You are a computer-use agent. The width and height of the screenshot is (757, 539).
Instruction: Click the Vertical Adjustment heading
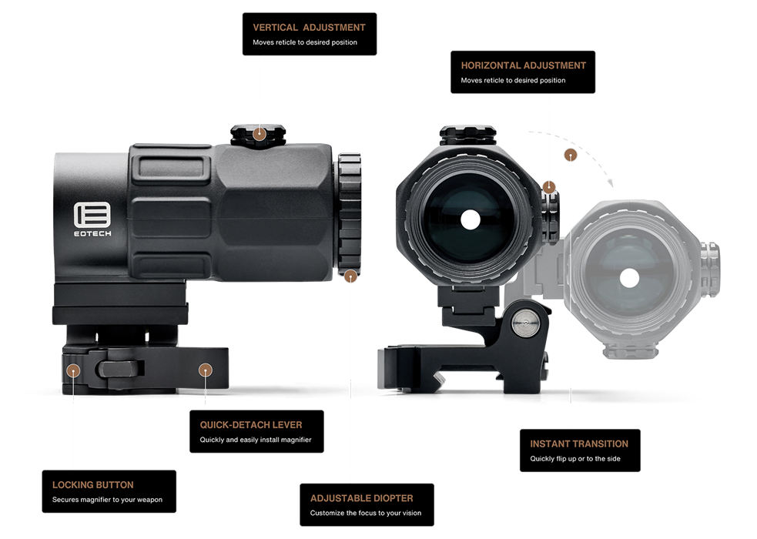tap(309, 28)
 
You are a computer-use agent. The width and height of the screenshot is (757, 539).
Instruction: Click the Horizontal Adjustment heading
tap(524, 65)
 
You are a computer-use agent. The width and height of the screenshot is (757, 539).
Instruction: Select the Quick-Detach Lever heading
tap(251, 425)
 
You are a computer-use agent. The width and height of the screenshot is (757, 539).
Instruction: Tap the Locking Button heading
tap(92, 485)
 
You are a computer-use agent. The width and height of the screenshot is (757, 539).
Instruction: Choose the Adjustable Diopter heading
tap(362, 498)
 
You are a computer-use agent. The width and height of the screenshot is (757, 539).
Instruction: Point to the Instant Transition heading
tap(579, 444)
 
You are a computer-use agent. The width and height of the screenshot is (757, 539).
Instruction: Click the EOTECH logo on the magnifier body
tap(92, 219)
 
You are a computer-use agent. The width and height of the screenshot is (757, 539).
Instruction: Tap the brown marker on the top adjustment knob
tap(260, 134)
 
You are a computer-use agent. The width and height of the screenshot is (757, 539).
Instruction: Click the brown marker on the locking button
tap(73, 370)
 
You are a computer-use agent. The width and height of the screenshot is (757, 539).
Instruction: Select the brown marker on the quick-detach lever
tap(205, 370)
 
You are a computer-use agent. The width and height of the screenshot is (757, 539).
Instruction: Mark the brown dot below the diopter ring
tap(350, 276)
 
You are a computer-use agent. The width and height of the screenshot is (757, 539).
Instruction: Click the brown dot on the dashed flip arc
tap(571, 156)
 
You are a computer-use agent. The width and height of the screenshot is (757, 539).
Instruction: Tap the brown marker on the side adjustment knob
tap(549, 187)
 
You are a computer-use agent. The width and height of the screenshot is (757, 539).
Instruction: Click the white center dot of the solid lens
tap(471, 220)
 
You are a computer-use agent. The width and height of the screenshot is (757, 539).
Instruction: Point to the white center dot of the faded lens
tap(629, 278)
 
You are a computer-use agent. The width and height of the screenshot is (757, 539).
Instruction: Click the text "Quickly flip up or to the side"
tap(575, 459)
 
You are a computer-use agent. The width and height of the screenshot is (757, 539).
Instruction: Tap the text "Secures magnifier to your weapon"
tap(107, 500)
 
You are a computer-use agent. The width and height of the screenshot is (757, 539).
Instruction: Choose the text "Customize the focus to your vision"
tap(366, 514)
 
